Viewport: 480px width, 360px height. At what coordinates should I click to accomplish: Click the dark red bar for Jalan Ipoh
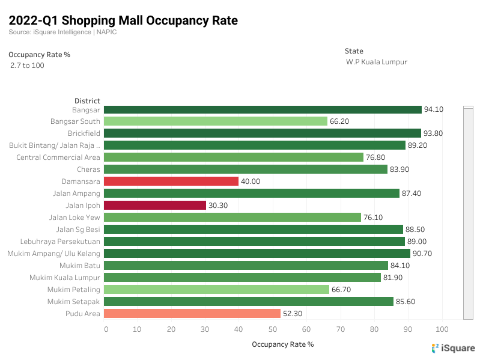coord(155,205)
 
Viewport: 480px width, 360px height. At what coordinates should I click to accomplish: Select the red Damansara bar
coord(171,181)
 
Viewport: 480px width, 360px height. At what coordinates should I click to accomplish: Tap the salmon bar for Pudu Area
coord(192,313)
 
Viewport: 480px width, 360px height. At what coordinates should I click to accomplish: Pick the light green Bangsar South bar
coord(216,121)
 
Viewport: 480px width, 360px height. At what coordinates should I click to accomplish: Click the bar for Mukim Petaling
coord(216,289)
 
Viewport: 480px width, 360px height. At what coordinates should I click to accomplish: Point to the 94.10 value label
coord(433,109)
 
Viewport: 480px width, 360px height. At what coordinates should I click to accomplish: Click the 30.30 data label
coord(218,205)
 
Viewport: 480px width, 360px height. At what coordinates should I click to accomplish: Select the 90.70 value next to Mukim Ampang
coord(422,253)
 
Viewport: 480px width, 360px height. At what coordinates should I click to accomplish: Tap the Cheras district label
coord(88,169)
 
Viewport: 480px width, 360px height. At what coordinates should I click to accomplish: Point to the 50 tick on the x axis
coord(273,329)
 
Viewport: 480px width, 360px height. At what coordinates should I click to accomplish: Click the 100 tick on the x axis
coord(442,329)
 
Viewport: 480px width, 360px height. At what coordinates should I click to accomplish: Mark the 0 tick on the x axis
coord(106,329)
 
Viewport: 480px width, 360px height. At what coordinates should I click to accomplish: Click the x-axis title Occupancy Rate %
coord(282,344)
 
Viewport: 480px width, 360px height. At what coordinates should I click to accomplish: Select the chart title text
coord(123,20)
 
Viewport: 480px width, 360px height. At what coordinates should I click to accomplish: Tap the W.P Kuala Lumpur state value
coord(377,62)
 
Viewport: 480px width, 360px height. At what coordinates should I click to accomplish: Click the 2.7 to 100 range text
coord(27,65)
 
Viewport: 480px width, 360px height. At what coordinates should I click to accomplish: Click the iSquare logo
coord(453,348)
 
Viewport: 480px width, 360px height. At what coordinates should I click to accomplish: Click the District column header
coord(87,100)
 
